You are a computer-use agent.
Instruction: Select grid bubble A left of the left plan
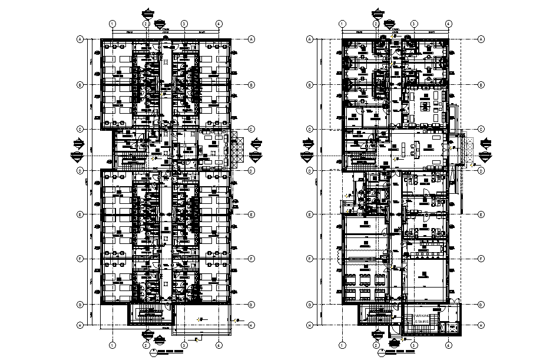pyautogui.click(x=79, y=39)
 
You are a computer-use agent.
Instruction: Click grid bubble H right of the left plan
pyautogui.click(x=251, y=324)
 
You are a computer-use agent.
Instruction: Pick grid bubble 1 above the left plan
pyautogui.click(x=111, y=24)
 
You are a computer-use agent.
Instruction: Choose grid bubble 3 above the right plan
pyautogui.click(x=415, y=24)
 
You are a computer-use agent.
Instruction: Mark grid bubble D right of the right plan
pyautogui.click(x=481, y=171)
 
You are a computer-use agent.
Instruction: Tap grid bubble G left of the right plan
pyautogui.click(x=310, y=304)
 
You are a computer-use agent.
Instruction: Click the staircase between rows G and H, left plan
pyautogui.click(x=148, y=314)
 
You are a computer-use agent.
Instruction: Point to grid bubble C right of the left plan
pyautogui.click(x=251, y=128)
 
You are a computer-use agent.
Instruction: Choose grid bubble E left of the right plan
pyautogui.click(x=310, y=215)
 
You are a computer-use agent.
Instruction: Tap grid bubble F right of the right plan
pyautogui.click(x=481, y=259)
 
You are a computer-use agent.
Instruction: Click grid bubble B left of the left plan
pyautogui.click(x=79, y=84)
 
